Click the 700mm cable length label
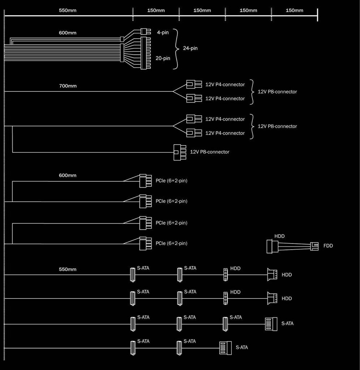click(68, 86)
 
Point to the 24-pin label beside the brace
click(190, 48)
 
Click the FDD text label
click(328, 246)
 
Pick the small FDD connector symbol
click(314, 246)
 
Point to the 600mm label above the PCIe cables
click(68, 176)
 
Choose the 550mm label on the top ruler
click(68, 10)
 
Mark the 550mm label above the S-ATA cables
click(68, 269)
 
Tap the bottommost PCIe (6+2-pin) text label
click(171, 243)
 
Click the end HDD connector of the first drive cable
click(272, 275)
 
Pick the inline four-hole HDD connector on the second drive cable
click(226, 298)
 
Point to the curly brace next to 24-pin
click(177, 48)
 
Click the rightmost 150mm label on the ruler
click(294, 10)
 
